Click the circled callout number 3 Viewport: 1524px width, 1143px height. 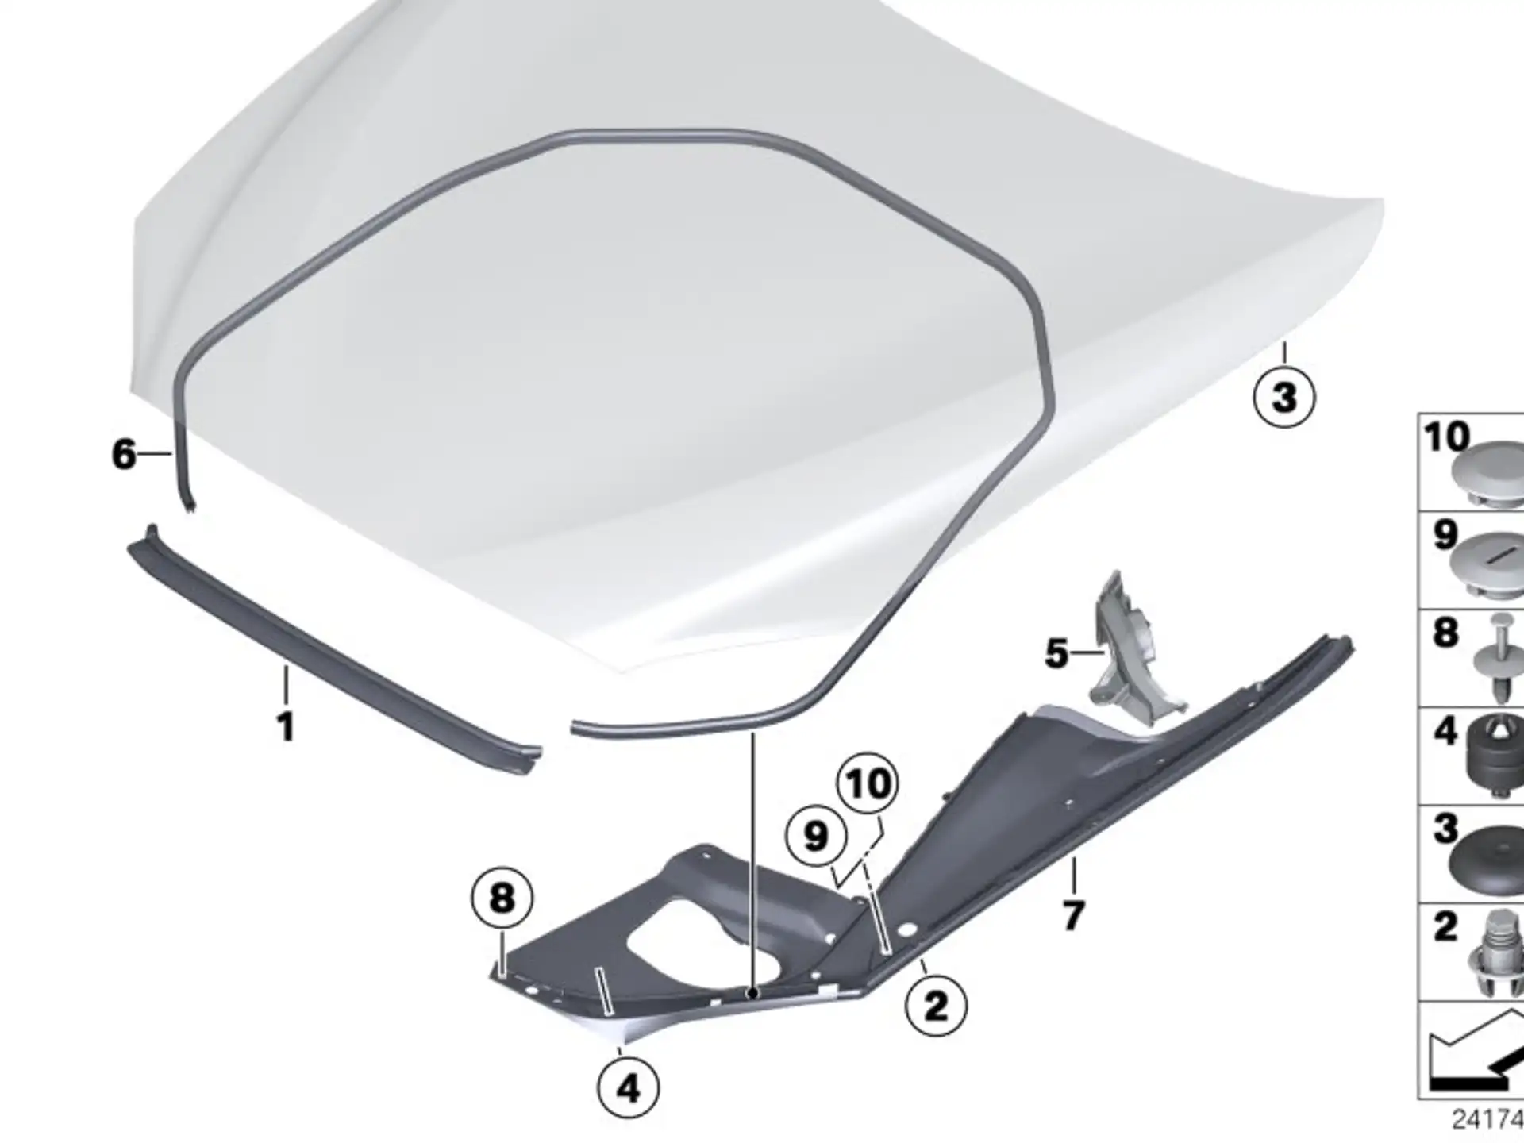click(x=1283, y=396)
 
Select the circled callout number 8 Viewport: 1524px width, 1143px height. click(x=502, y=899)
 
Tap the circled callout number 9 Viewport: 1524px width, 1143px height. click(x=816, y=836)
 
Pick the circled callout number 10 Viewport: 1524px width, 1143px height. click(x=868, y=784)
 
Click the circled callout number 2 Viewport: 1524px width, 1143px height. click(x=937, y=1006)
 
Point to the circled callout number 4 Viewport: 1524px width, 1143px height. click(x=628, y=1087)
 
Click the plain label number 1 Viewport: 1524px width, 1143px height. click(x=286, y=726)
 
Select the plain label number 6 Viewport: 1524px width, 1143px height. click(x=124, y=454)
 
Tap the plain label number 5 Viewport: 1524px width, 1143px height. click(x=1056, y=653)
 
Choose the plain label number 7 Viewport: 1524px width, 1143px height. click(x=1073, y=916)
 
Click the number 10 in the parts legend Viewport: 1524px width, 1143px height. click(x=1446, y=437)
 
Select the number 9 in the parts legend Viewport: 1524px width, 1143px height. click(x=1445, y=535)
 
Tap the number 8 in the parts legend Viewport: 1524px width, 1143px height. click(x=1445, y=633)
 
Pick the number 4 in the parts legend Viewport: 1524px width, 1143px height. click(x=1445, y=730)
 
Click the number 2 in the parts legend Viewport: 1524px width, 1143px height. click(x=1445, y=926)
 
